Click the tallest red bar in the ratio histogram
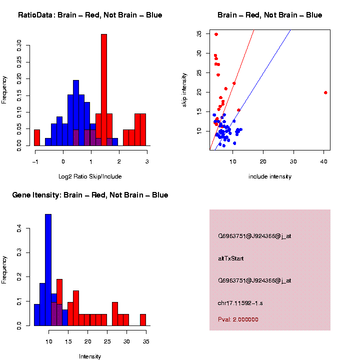click(x=104, y=90)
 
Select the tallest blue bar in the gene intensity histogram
click(x=48, y=270)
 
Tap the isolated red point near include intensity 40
click(x=325, y=92)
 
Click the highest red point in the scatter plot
click(x=216, y=34)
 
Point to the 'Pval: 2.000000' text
click(x=238, y=319)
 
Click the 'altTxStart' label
click(x=231, y=258)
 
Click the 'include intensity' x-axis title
click(x=269, y=176)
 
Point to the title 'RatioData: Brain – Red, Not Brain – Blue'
click(x=90, y=15)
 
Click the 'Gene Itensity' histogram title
click(x=90, y=195)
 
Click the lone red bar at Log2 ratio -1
click(x=37, y=137)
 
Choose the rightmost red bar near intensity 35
click(x=143, y=320)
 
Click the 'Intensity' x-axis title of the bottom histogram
click(x=90, y=356)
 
